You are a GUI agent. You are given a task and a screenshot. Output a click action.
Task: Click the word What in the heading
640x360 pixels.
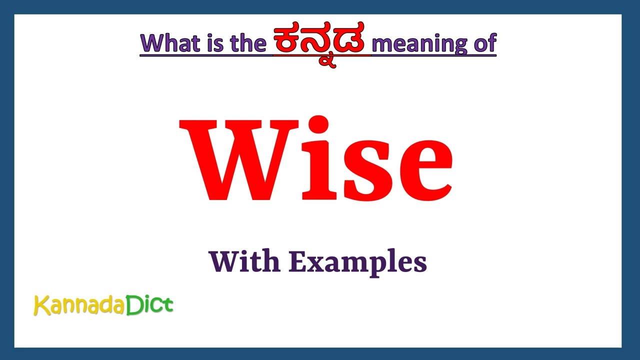[170, 43]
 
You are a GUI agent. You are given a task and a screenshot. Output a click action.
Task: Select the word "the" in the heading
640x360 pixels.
[247, 43]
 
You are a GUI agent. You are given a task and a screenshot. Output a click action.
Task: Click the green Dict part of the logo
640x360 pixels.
[149, 304]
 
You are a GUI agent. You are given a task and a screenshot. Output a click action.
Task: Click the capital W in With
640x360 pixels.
[223, 261]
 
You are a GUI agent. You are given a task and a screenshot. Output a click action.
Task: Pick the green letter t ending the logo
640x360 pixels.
[168, 304]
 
